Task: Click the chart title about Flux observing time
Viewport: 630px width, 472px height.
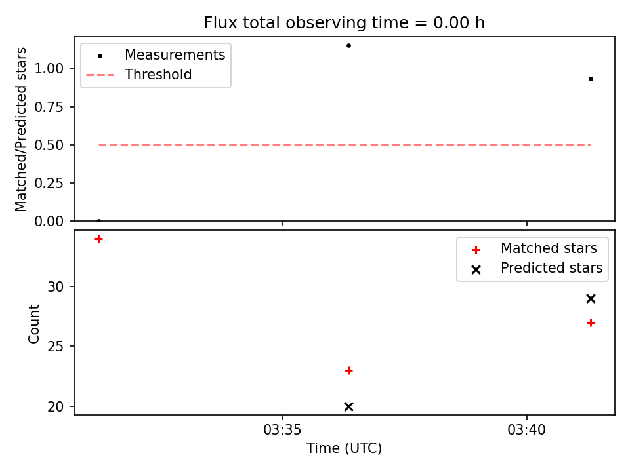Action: (x=344, y=23)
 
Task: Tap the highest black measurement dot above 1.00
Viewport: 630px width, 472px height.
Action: (x=348, y=45)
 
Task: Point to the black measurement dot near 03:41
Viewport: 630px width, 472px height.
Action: (x=591, y=79)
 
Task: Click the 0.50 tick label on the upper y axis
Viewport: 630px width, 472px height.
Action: (x=49, y=145)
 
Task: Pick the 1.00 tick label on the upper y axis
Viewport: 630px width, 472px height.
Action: (x=49, y=69)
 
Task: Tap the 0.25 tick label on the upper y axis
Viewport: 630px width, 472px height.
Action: (x=49, y=183)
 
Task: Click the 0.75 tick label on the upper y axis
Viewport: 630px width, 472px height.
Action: (x=49, y=107)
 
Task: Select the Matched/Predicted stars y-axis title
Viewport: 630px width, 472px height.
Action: (x=20, y=129)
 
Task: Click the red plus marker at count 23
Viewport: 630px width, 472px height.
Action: (x=348, y=370)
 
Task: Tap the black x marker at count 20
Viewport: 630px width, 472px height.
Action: (x=348, y=406)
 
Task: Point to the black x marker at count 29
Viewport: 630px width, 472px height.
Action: (x=591, y=299)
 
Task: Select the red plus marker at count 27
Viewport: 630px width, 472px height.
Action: (x=591, y=323)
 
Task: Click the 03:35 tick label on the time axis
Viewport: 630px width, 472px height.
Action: (x=282, y=430)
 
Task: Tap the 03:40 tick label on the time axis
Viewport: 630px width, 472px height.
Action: (x=526, y=430)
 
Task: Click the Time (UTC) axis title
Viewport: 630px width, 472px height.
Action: (x=344, y=448)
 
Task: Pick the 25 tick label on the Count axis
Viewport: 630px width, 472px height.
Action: (x=55, y=346)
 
